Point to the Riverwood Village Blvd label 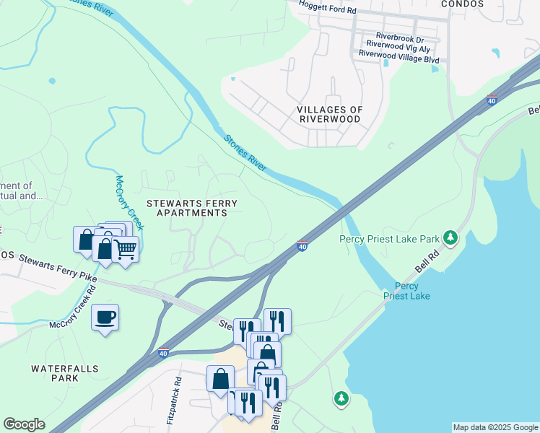point(399,53)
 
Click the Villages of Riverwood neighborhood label point(329,114)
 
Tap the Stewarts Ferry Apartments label point(187,209)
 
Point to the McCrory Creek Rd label point(72,310)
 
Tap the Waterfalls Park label point(55,373)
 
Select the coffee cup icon point(105,318)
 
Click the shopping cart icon point(126,249)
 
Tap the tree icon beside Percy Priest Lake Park point(451,237)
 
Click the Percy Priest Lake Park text point(390,238)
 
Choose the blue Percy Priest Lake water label point(406,291)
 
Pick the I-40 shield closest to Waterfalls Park point(164,353)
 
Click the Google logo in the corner point(24,424)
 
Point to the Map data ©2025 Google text point(495,427)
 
